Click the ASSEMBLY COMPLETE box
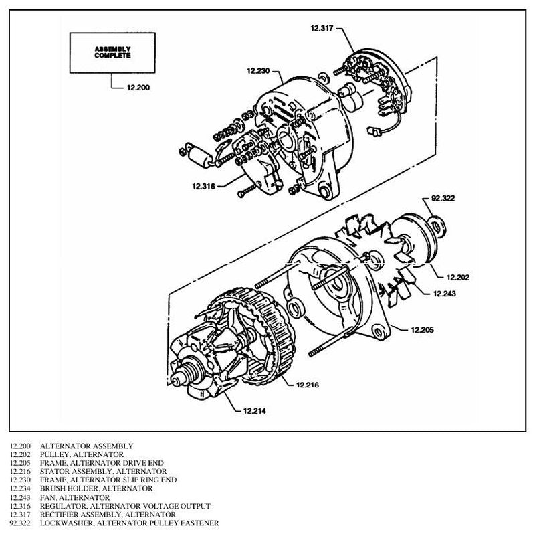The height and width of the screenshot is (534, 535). point(112,53)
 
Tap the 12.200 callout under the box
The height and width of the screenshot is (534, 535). point(138,88)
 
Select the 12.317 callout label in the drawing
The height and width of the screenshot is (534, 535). point(322,28)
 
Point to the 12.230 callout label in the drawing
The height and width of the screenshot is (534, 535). point(258,71)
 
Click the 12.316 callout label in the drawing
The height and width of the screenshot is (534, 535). point(204,186)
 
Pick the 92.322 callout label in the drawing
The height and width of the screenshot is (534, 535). point(443,198)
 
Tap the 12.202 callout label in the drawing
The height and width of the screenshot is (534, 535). point(458,277)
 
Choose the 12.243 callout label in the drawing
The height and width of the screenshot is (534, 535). point(444,294)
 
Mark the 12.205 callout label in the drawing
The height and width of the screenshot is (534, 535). point(423,329)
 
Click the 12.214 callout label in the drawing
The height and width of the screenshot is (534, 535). point(255,411)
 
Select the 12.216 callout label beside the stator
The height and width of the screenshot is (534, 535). point(308,385)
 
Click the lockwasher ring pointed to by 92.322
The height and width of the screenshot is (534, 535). point(437,227)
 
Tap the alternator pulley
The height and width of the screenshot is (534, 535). point(415,239)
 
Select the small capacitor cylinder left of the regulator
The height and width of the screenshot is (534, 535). point(199,156)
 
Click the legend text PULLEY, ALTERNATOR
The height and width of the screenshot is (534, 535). point(82,454)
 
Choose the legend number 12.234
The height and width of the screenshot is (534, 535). point(20,488)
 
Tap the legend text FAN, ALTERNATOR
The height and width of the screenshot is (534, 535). point(75,497)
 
